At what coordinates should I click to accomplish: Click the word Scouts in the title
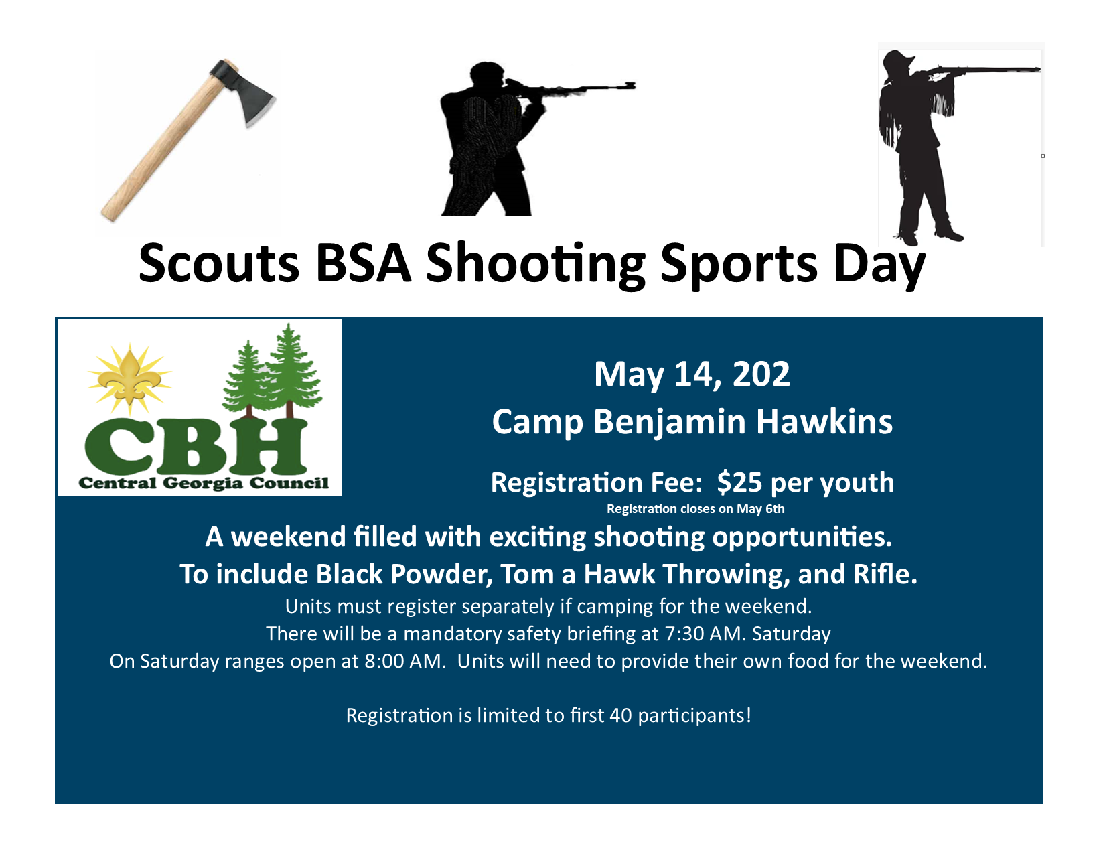click(219, 263)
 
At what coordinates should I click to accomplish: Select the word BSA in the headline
click(363, 263)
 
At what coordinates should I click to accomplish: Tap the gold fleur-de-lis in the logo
click(129, 376)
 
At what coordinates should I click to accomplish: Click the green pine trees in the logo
click(273, 371)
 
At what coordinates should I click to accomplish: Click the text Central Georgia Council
click(204, 483)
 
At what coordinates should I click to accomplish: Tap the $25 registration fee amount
click(740, 482)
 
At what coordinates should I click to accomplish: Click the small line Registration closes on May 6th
click(696, 509)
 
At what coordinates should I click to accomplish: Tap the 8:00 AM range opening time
click(404, 661)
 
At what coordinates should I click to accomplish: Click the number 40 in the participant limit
click(620, 715)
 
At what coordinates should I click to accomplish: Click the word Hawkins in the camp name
click(824, 422)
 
